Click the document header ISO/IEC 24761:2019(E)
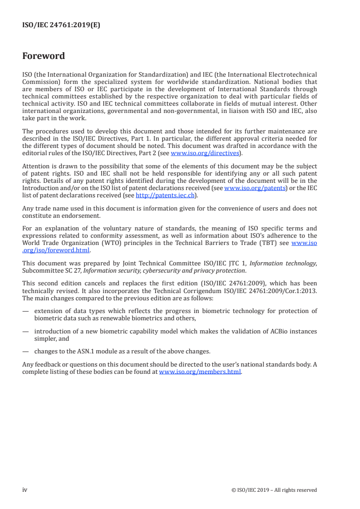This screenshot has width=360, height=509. (x=61, y=25)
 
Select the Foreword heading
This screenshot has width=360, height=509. (x=44, y=56)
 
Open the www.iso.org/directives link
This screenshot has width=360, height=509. (x=204, y=153)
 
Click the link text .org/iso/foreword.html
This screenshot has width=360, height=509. (x=56, y=250)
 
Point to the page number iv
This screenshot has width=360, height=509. (x=25, y=489)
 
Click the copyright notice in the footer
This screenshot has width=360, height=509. (x=274, y=490)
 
